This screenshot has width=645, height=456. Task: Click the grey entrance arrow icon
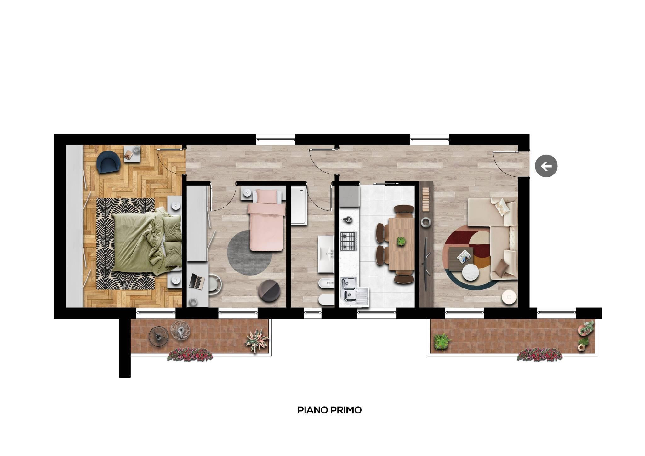[x=546, y=166]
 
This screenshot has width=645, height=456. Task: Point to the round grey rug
[x=250, y=253]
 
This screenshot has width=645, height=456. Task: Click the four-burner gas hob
[x=349, y=241]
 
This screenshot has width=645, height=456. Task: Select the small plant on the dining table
[x=401, y=242]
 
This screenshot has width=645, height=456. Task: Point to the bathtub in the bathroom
[x=299, y=206]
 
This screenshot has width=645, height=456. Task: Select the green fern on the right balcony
[x=441, y=341]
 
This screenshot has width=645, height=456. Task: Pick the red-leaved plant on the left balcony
[x=257, y=340]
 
